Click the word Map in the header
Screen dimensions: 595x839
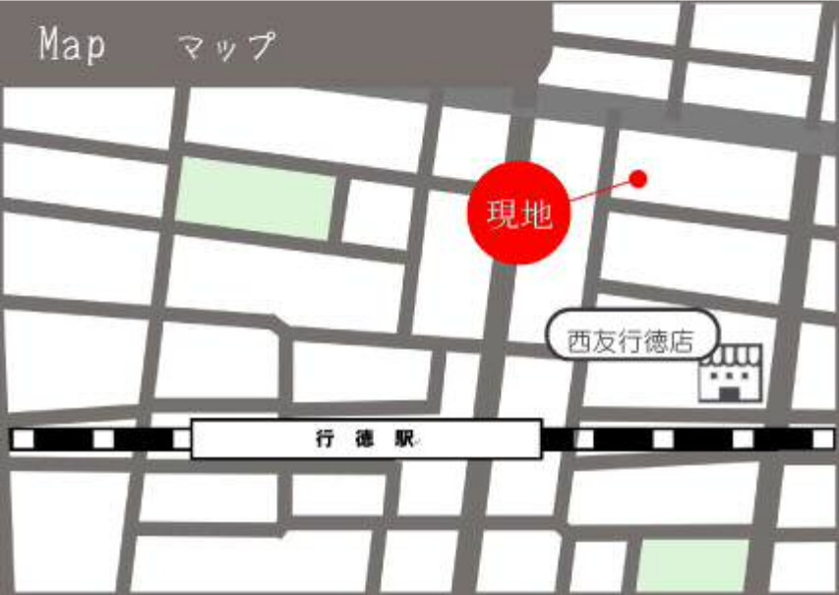(x=72, y=45)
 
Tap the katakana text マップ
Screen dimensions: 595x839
(x=226, y=46)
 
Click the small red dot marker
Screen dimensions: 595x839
(x=638, y=179)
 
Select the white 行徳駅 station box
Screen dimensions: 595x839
(x=367, y=439)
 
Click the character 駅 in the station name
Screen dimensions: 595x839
(x=403, y=440)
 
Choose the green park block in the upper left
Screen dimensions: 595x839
(x=256, y=198)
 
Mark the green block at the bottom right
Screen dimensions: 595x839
(x=693, y=565)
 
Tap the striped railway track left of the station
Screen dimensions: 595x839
(x=98, y=439)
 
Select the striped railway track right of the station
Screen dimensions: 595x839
(x=689, y=439)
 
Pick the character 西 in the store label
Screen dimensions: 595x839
(x=579, y=342)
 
